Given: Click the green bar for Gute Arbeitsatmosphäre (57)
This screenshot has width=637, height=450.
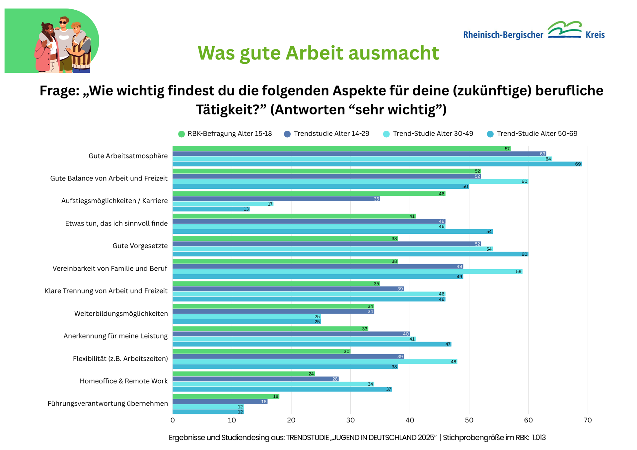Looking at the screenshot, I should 341,149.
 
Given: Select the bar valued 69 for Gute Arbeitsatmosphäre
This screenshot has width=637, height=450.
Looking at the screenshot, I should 377,164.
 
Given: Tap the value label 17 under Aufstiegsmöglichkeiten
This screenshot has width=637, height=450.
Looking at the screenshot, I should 270,204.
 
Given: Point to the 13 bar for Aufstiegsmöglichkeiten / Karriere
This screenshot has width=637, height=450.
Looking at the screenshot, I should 211,209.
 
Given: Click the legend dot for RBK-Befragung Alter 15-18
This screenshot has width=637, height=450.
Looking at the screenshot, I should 181,134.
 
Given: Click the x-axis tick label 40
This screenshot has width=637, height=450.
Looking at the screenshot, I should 410,420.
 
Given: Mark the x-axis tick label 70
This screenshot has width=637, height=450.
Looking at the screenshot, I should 588,420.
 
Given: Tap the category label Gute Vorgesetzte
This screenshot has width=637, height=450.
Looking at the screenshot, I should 140,246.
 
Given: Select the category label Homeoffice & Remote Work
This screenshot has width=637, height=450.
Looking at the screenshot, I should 123,381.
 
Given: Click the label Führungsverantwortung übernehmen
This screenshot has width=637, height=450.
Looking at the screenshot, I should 108,404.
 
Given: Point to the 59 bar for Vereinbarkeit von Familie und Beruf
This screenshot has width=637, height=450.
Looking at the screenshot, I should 347,272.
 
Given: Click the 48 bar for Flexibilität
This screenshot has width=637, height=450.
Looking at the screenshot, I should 315,362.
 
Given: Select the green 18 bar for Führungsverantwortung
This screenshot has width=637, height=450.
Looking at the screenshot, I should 226,396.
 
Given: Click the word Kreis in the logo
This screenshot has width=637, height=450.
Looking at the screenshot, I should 595,35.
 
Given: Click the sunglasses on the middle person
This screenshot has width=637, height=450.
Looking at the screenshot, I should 63,23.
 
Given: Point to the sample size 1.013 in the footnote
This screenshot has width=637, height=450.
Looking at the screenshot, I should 539,438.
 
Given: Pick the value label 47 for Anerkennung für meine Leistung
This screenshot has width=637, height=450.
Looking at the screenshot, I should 448,344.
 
